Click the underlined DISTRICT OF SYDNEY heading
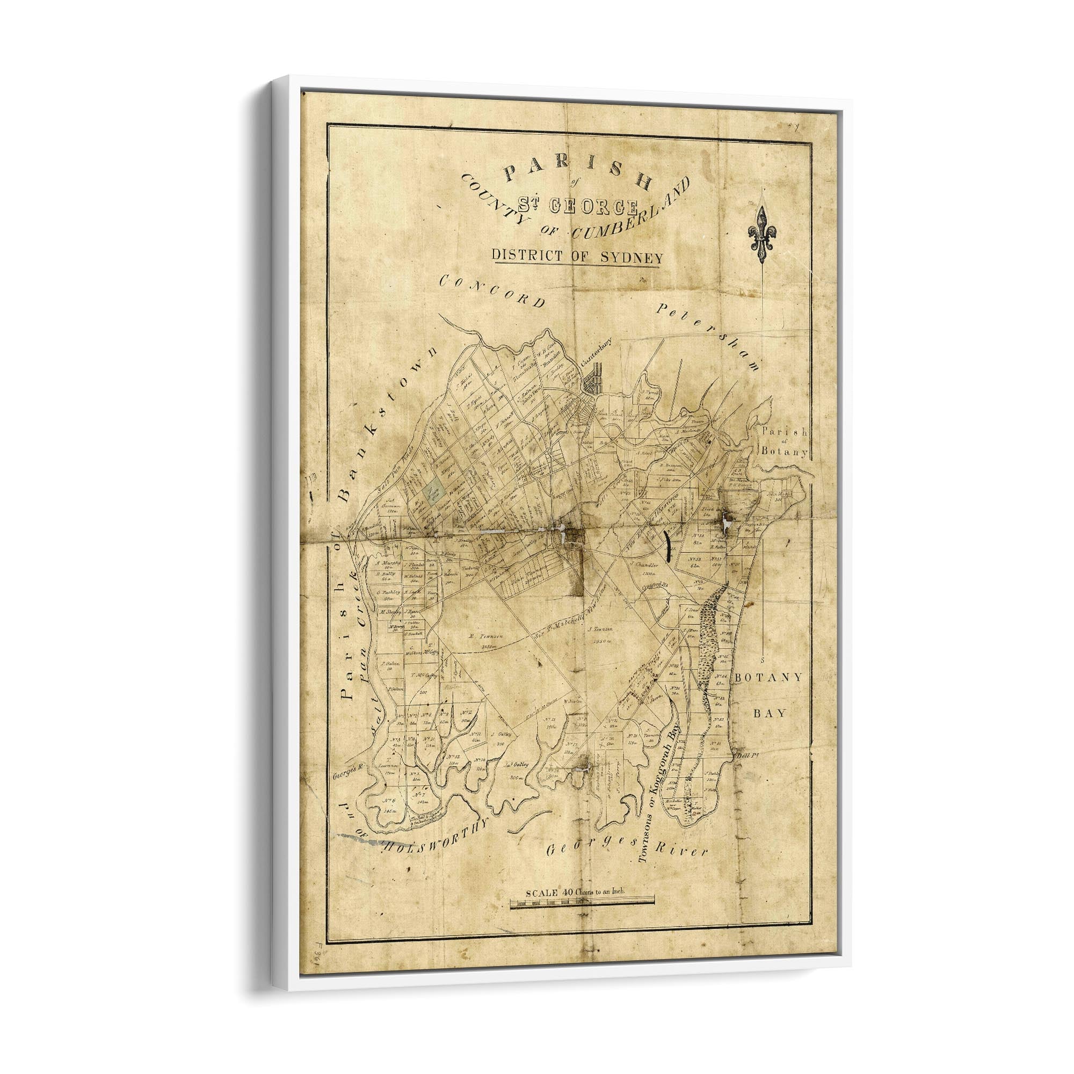[575, 257]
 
